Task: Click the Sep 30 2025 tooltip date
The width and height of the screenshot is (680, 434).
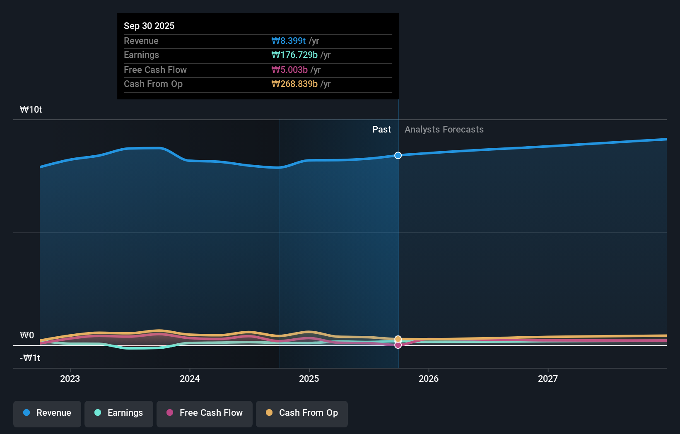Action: coord(149,26)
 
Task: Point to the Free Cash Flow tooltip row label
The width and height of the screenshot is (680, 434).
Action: coord(155,70)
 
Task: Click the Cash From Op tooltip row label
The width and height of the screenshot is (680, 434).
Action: coord(153,84)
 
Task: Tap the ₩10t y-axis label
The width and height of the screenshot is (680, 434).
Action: coord(31,109)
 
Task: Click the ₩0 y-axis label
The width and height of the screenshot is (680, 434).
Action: coord(27,335)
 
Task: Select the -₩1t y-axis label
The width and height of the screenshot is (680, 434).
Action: coord(30,358)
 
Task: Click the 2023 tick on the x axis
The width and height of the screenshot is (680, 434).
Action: coord(70,379)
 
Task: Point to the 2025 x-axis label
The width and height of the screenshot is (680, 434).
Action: coord(309,379)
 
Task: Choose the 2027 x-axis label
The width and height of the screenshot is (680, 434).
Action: coord(547,379)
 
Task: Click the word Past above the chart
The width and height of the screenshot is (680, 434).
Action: coord(381,129)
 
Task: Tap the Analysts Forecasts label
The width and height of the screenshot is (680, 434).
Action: coord(444,129)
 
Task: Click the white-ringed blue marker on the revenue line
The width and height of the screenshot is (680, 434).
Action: coord(398,155)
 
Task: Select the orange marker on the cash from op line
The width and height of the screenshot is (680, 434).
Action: coord(398,339)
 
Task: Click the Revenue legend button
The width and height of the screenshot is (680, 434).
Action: coord(47,413)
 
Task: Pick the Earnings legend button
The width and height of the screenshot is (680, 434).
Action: coord(119,413)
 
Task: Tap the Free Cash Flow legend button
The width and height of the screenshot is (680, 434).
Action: coord(205,413)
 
